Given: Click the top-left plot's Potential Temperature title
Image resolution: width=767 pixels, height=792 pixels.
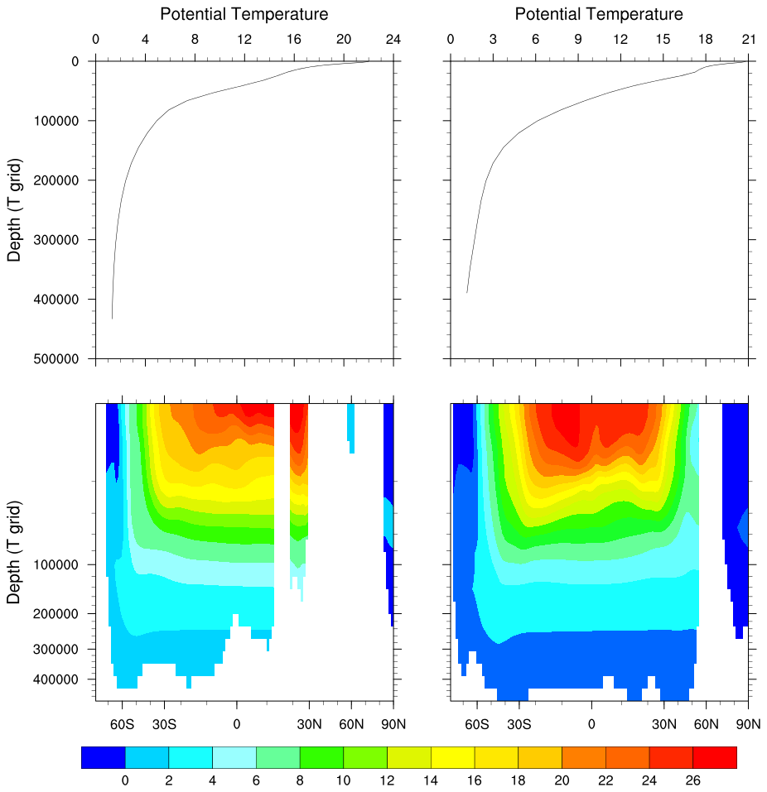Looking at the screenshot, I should [244, 14].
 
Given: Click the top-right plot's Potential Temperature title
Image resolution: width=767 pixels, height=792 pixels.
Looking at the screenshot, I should [599, 14].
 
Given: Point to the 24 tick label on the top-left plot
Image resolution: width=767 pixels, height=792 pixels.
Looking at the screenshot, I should [393, 40].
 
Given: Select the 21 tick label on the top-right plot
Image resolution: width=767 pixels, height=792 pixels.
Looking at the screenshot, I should [749, 40].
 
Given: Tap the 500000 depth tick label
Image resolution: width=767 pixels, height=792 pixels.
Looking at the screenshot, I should [61, 359].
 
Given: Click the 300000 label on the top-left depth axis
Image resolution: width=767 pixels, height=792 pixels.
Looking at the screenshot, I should [61, 240].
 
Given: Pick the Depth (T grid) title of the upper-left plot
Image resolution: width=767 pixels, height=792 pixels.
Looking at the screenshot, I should [14, 210].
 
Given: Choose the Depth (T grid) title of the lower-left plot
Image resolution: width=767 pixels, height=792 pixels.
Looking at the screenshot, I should [14, 551].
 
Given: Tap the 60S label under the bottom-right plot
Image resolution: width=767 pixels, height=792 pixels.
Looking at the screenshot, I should [477, 725].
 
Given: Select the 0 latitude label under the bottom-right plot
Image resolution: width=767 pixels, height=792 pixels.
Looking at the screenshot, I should [591, 725].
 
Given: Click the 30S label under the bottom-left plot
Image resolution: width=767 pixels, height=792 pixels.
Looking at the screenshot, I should [164, 725].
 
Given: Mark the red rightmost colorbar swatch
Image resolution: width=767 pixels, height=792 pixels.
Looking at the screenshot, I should [714, 757].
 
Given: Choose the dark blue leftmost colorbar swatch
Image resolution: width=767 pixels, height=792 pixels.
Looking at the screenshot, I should [104, 757].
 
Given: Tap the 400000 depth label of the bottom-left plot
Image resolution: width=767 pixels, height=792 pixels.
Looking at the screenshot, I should [61, 679].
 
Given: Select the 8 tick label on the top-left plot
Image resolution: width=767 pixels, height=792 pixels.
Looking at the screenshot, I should [195, 40].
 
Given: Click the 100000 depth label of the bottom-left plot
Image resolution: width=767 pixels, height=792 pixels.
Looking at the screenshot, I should [61, 565].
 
